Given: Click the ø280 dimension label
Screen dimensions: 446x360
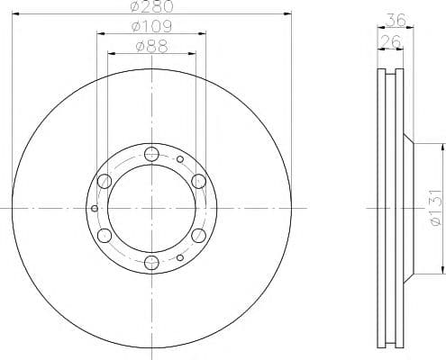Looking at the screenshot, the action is (152, 6).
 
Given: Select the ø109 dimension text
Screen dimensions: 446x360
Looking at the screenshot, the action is (152, 26).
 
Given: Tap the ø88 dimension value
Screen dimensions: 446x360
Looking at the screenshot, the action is (152, 47).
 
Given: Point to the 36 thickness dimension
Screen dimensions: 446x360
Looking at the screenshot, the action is (396, 20).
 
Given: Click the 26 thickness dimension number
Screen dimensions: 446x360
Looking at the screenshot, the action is (390, 41).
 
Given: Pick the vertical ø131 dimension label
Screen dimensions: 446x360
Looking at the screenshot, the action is (436, 207).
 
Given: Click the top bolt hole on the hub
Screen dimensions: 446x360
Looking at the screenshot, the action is (151, 154).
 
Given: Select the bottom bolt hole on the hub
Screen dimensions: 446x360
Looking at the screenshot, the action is (151, 262).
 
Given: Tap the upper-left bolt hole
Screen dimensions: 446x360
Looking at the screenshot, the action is (105, 181).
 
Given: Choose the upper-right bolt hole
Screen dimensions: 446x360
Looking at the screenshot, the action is (199, 181).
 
